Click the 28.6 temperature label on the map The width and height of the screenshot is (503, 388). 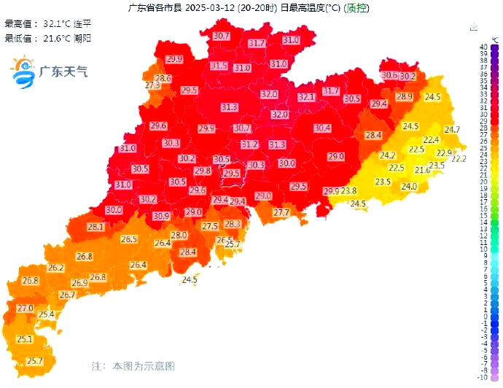[x=163, y=78]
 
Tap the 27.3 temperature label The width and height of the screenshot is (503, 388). [x=152, y=85]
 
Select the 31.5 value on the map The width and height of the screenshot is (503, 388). [x=219, y=66]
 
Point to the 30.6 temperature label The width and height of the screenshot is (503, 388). [x=390, y=75]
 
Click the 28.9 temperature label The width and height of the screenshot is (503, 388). [x=405, y=97]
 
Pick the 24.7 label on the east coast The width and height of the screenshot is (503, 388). [x=453, y=130]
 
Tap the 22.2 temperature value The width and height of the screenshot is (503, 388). [x=459, y=158]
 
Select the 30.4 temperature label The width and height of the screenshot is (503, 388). [x=322, y=128]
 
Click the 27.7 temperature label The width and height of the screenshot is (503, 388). [x=281, y=212]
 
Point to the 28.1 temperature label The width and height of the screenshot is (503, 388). [x=95, y=227]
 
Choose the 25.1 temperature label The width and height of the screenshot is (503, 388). [x=25, y=339]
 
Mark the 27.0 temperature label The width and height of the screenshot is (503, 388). [x=26, y=308]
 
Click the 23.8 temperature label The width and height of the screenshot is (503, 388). [x=349, y=191]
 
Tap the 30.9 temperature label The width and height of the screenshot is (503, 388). [x=161, y=216]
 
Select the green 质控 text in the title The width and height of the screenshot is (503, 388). [x=356, y=9]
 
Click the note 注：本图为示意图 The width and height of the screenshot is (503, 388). [x=133, y=365]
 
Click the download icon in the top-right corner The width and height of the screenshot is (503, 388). [x=475, y=27]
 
